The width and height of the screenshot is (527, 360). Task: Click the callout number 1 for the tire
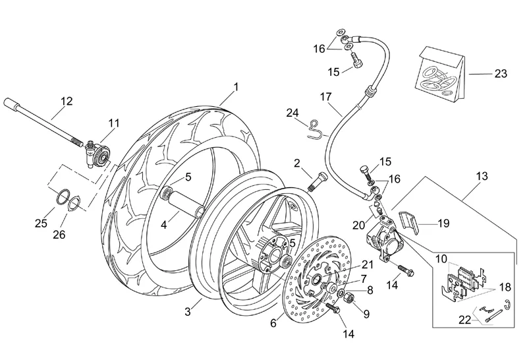236,87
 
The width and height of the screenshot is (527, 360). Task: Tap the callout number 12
67,102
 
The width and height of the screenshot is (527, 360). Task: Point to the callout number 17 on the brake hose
325,96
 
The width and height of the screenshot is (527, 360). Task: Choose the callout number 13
482,176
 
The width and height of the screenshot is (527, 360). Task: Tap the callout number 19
443,224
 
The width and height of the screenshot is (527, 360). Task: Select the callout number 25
41,224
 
